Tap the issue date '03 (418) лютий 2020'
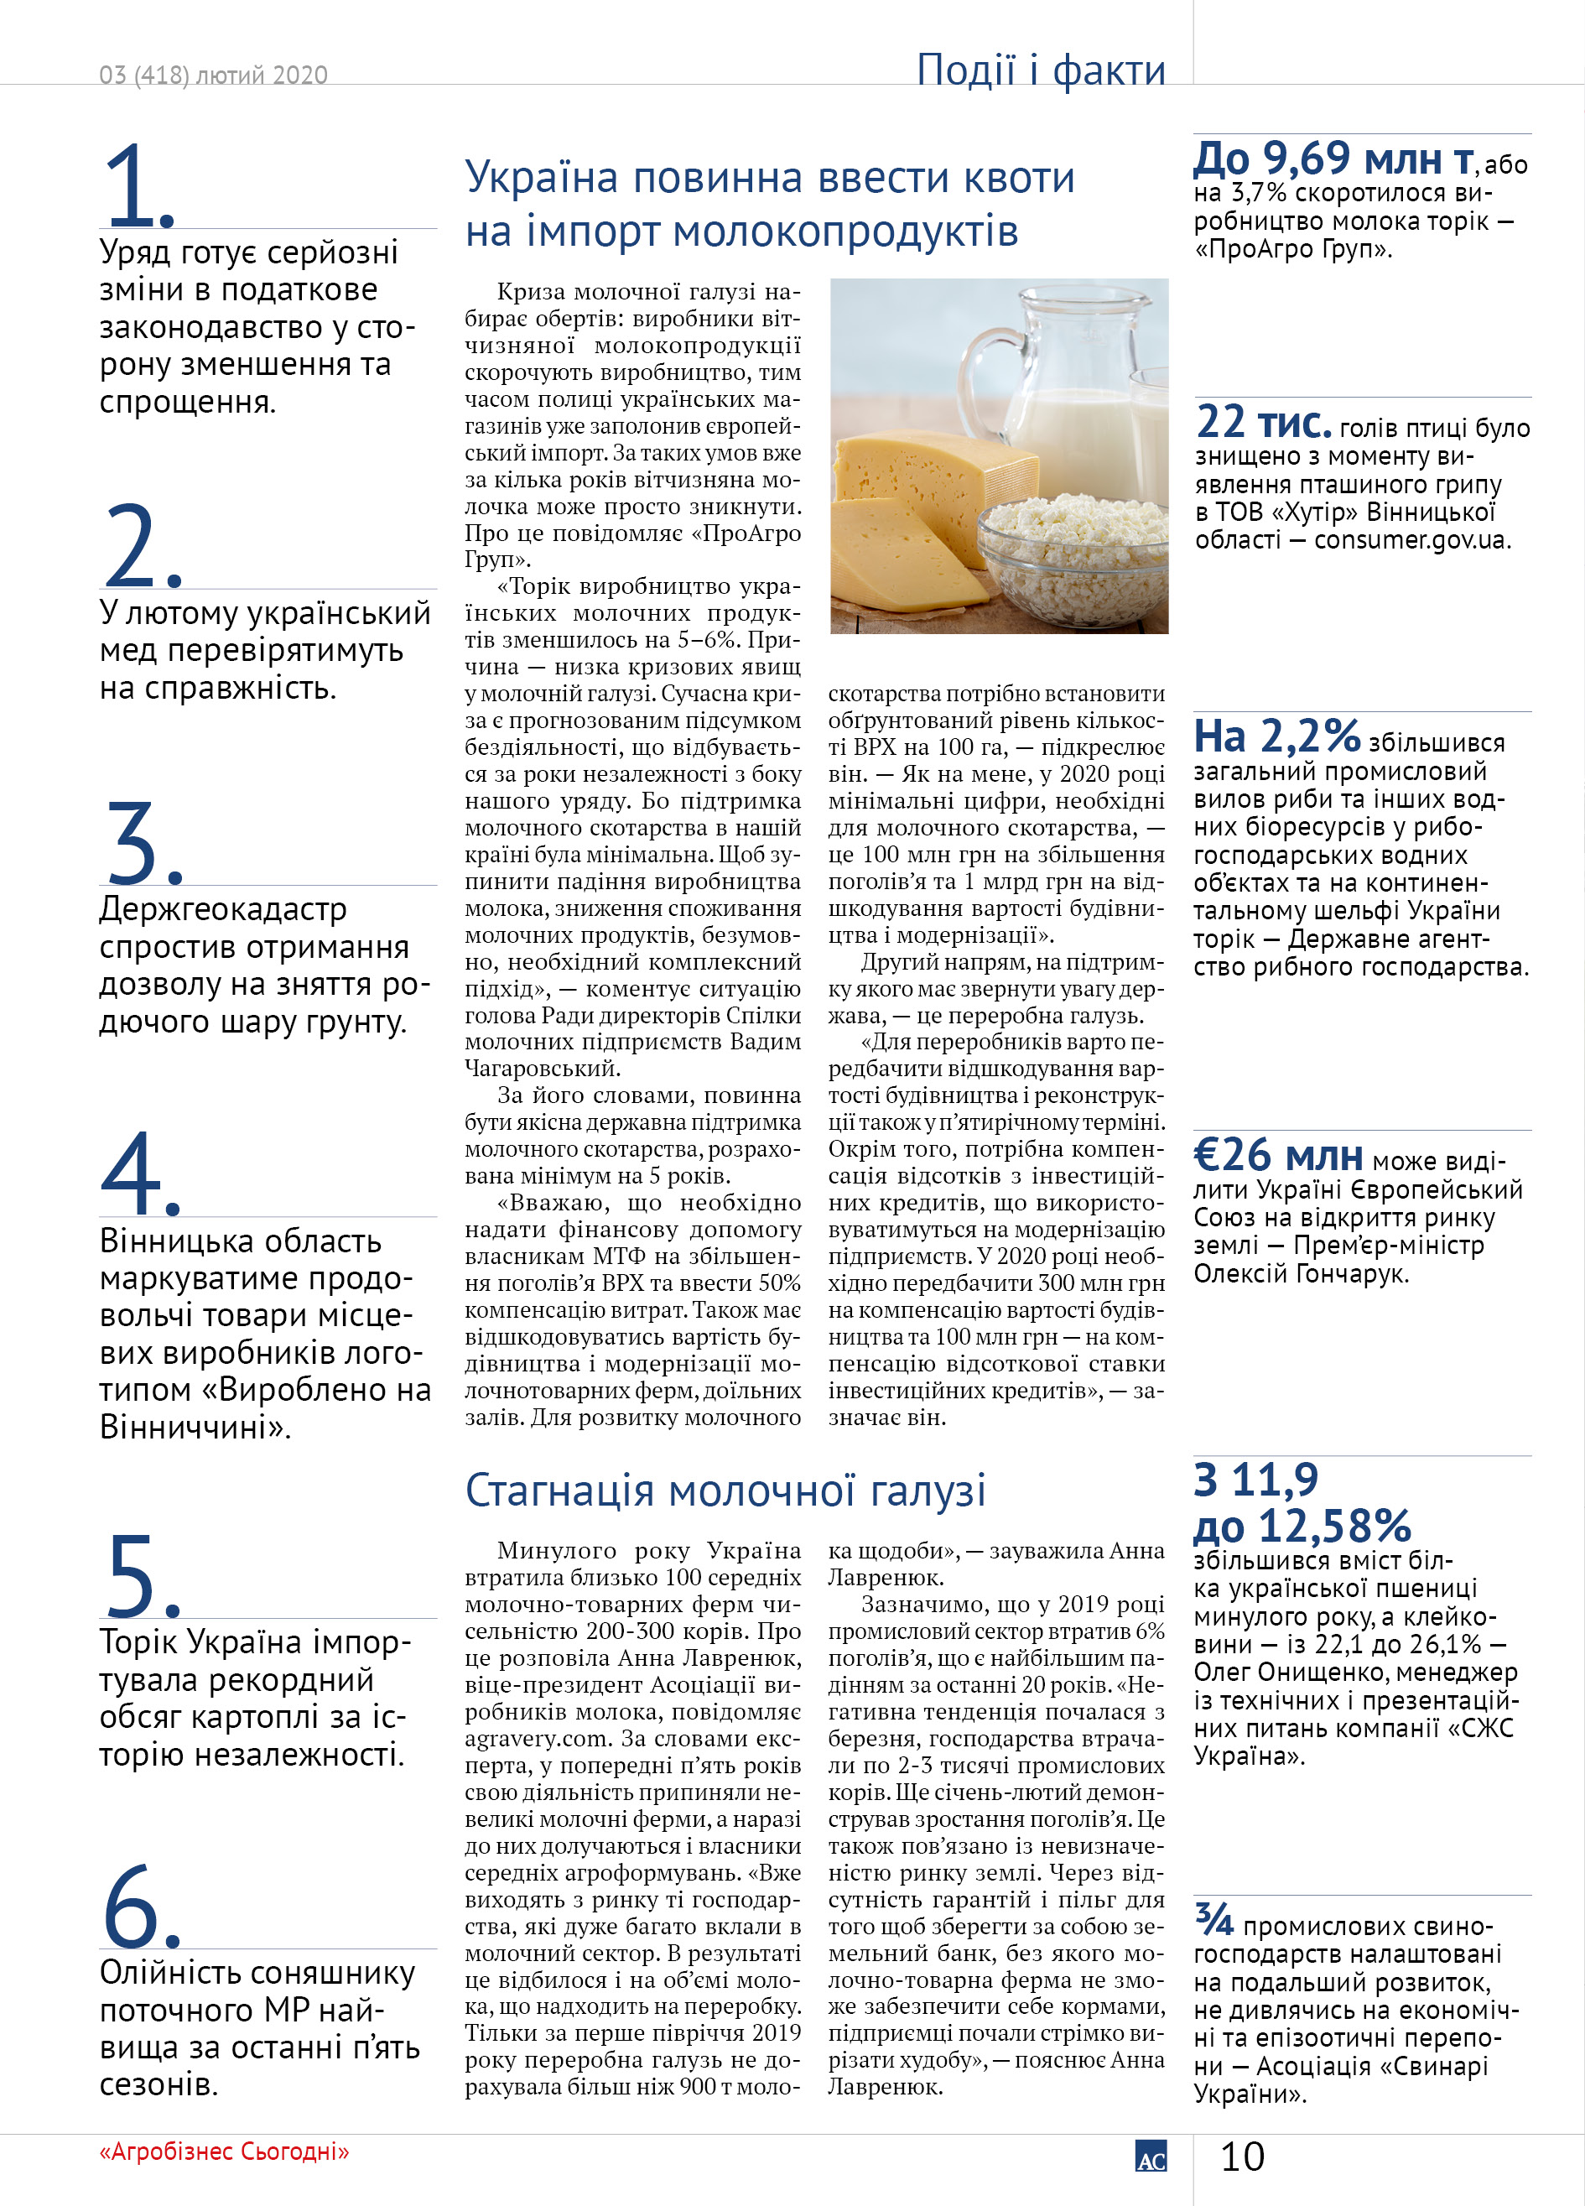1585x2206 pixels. (213, 75)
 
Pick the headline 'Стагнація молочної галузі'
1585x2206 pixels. (725, 1491)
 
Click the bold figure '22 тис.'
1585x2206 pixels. (1263, 423)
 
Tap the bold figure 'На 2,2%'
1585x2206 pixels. (1276, 736)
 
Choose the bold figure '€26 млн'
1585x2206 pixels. (1278, 1156)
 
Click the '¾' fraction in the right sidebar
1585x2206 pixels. (1213, 1920)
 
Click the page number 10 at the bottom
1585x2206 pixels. (1242, 2157)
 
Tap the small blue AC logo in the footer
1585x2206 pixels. (1151, 2157)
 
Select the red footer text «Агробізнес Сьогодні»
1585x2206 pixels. (224, 2151)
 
